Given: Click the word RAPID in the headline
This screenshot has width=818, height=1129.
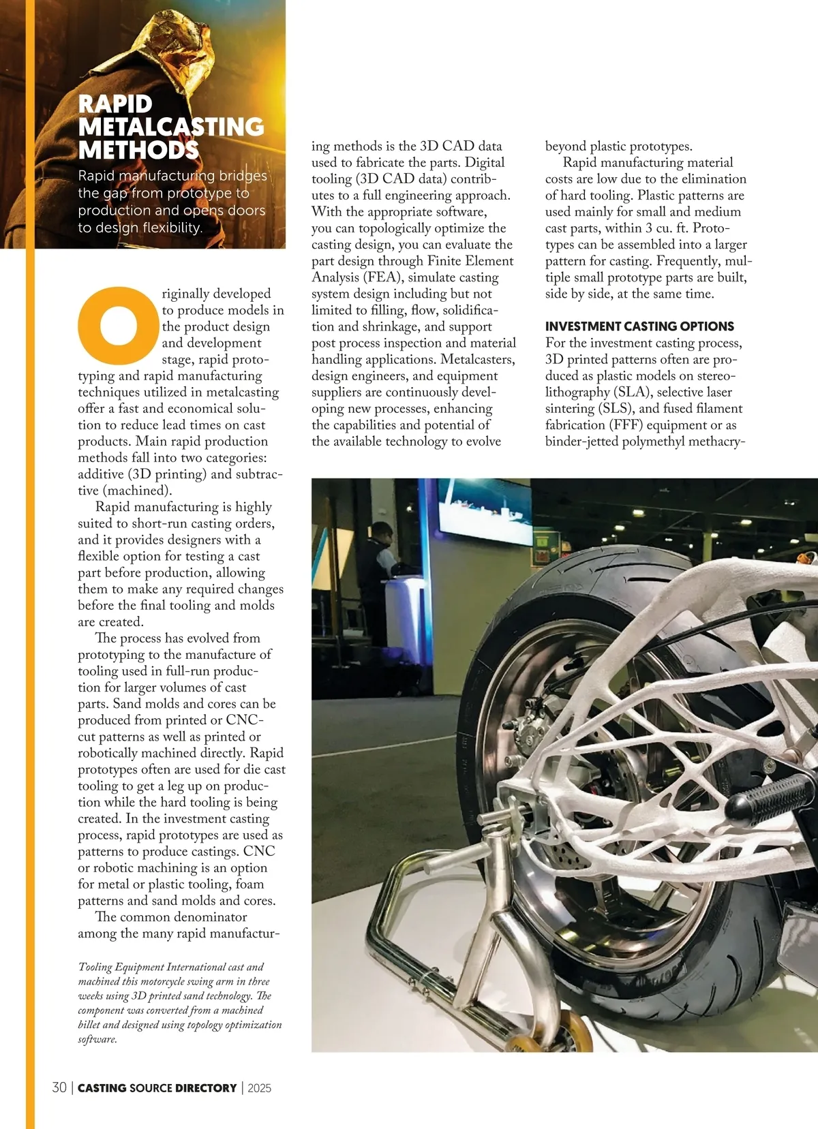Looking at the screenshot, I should (115, 104).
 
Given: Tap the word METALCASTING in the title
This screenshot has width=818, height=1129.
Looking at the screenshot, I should (171, 127).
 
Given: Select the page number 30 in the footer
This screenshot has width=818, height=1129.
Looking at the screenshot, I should (59, 1087).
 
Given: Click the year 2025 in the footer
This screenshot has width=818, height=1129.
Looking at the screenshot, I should (259, 1088).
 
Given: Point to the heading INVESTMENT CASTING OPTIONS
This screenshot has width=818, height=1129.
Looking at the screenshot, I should (639, 326).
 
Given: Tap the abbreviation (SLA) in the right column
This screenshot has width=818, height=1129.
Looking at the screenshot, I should (635, 392).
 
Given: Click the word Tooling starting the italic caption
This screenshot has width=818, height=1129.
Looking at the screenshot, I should (102, 967).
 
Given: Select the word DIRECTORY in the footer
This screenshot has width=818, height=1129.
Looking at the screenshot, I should (205, 1088).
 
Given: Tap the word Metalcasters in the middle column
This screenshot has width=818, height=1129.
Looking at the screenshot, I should (477, 360).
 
